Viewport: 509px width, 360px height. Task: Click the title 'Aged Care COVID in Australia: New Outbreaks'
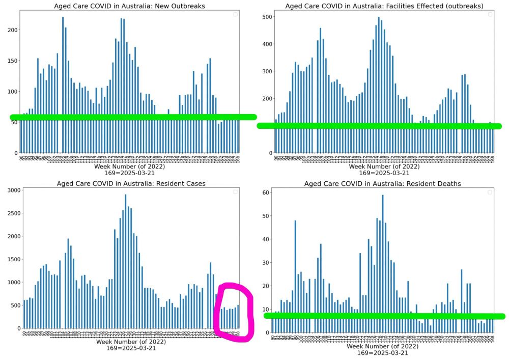tap(130, 6)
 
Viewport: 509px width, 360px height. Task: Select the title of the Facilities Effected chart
tap(384, 6)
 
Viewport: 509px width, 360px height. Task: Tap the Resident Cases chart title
tap(130, 183)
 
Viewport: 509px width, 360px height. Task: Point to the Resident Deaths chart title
tap(383, 183)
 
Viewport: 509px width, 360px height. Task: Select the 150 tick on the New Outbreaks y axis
tap(11, 61)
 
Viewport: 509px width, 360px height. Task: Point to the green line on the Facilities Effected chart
tap(379, 125)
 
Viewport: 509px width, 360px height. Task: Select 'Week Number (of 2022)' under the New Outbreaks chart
tap(130, 167)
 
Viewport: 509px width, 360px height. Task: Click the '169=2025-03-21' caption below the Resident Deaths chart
tap(383, 352)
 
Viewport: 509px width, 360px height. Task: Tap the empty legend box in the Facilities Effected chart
tap(490, 14)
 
